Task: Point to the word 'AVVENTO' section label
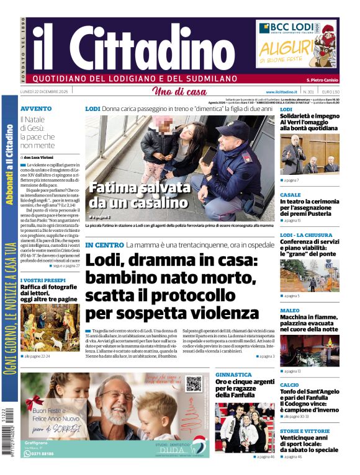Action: tap(36, 109)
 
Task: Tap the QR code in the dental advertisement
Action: tap(194, 384)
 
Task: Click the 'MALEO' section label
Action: tap(289, 310)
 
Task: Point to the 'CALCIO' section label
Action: tap(290, 385)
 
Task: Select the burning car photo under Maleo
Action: tap(310, 350)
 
